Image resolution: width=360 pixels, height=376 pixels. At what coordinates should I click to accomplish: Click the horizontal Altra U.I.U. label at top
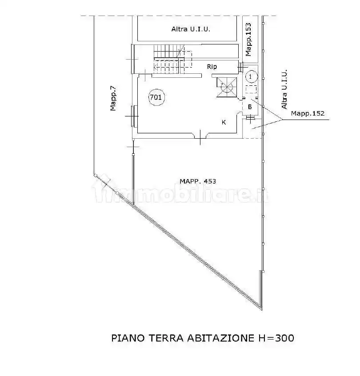[190, 29]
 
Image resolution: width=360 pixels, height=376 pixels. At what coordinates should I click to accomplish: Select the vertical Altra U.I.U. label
[285, 90]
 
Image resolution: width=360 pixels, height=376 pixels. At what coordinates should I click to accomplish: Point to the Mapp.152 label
[308, 114]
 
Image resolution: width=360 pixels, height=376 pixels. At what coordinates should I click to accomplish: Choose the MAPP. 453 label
[198, 181]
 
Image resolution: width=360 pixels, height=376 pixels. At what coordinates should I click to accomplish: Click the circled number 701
[156, 97]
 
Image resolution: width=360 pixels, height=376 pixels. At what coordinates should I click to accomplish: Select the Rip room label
[212, 67]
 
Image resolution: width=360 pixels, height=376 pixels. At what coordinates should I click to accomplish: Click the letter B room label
[250, 107]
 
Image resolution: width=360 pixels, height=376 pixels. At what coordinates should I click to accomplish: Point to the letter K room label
[224, 122]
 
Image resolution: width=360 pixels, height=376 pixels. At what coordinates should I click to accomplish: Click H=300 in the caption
[276, 338]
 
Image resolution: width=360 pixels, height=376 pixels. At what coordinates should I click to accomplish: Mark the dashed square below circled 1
[251, 90]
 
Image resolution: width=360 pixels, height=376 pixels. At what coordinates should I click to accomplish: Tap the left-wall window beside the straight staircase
[132, 59]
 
